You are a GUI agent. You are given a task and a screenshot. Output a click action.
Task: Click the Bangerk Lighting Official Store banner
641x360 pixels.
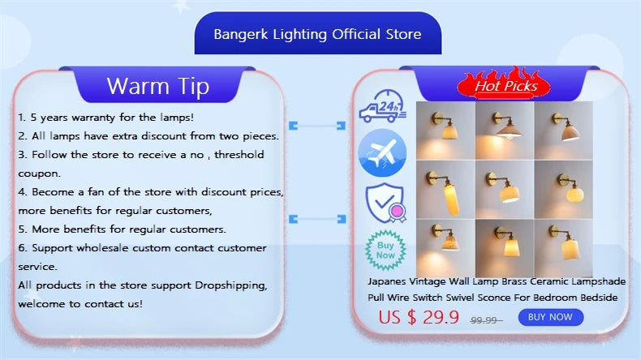click(x=317, y=33)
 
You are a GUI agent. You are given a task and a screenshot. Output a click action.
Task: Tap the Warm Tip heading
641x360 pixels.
click(x=157, y=86)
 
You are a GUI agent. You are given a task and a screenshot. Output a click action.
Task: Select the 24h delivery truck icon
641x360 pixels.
click(x=383, y=106)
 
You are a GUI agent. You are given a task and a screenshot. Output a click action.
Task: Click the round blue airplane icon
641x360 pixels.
click(x=382, y=152)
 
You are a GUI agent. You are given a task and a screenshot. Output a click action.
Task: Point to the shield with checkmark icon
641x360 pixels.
click(x=385, y=203)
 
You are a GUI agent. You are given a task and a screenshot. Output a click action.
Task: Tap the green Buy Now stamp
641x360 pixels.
click(x=385, y=250)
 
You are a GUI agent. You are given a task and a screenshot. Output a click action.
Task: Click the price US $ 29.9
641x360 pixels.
click(x=419, y=317)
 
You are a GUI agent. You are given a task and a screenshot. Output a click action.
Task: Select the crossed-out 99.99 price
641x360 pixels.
click(x=486, y=320)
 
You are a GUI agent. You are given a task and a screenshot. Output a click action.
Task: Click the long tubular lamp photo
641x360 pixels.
click(x=445, y=190)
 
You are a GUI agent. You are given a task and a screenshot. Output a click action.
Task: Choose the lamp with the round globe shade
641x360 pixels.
click(x=563, y=190)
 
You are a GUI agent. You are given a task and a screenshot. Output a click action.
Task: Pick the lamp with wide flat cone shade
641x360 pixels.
click(x=505, y=131)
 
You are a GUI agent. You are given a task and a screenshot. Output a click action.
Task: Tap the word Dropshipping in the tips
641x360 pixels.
click(x=231, y=285)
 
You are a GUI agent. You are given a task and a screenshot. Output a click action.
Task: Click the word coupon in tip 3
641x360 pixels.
click(x=39, y=174)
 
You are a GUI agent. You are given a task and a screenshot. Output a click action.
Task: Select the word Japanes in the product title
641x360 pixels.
click(x=387, y=282)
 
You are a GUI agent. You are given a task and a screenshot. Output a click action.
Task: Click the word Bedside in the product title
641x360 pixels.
click(x=599, y=298)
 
